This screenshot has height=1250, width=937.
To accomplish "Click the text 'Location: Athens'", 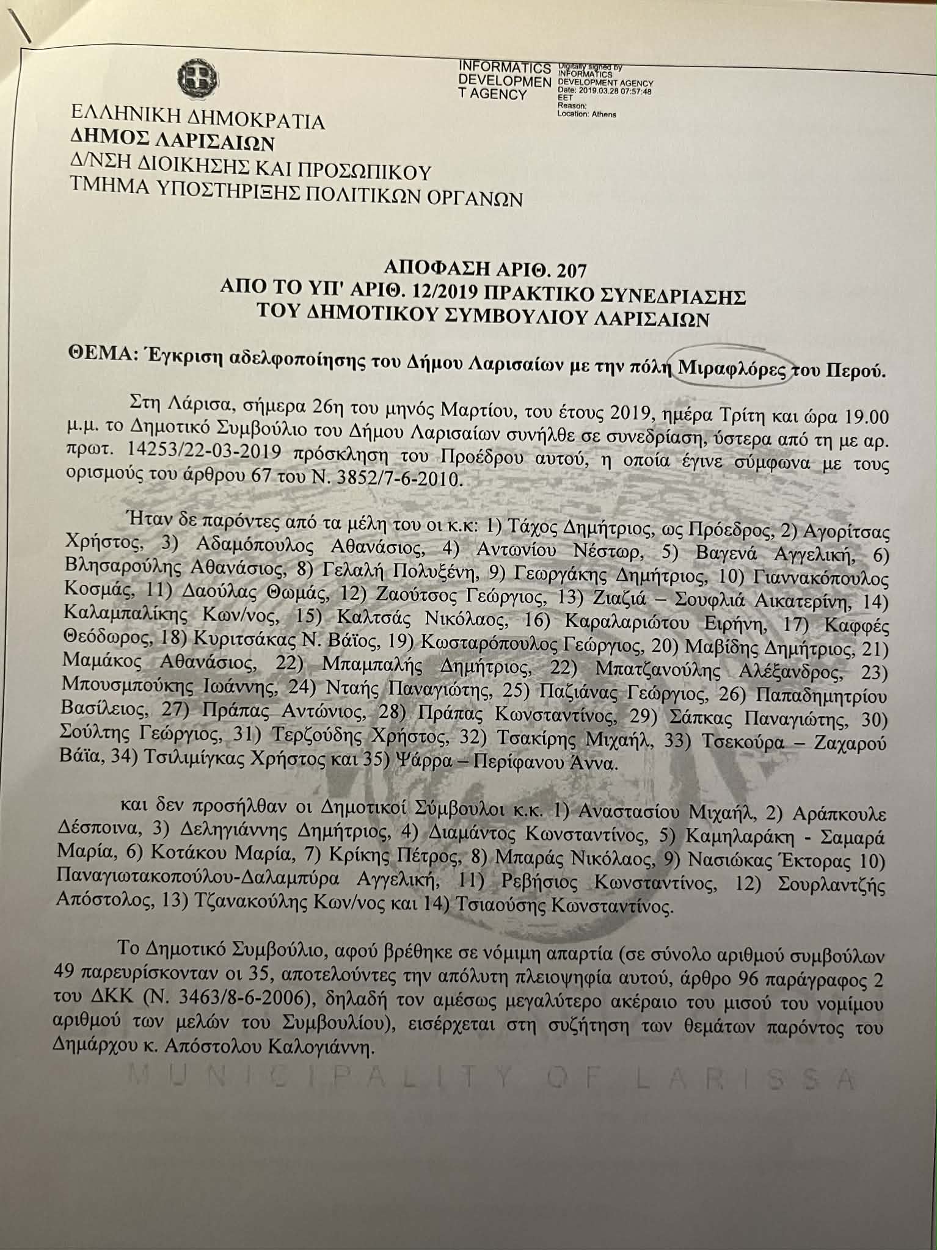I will click(586, 114).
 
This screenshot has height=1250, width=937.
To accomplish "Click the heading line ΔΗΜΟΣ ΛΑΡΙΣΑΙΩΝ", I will click(173, 142).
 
